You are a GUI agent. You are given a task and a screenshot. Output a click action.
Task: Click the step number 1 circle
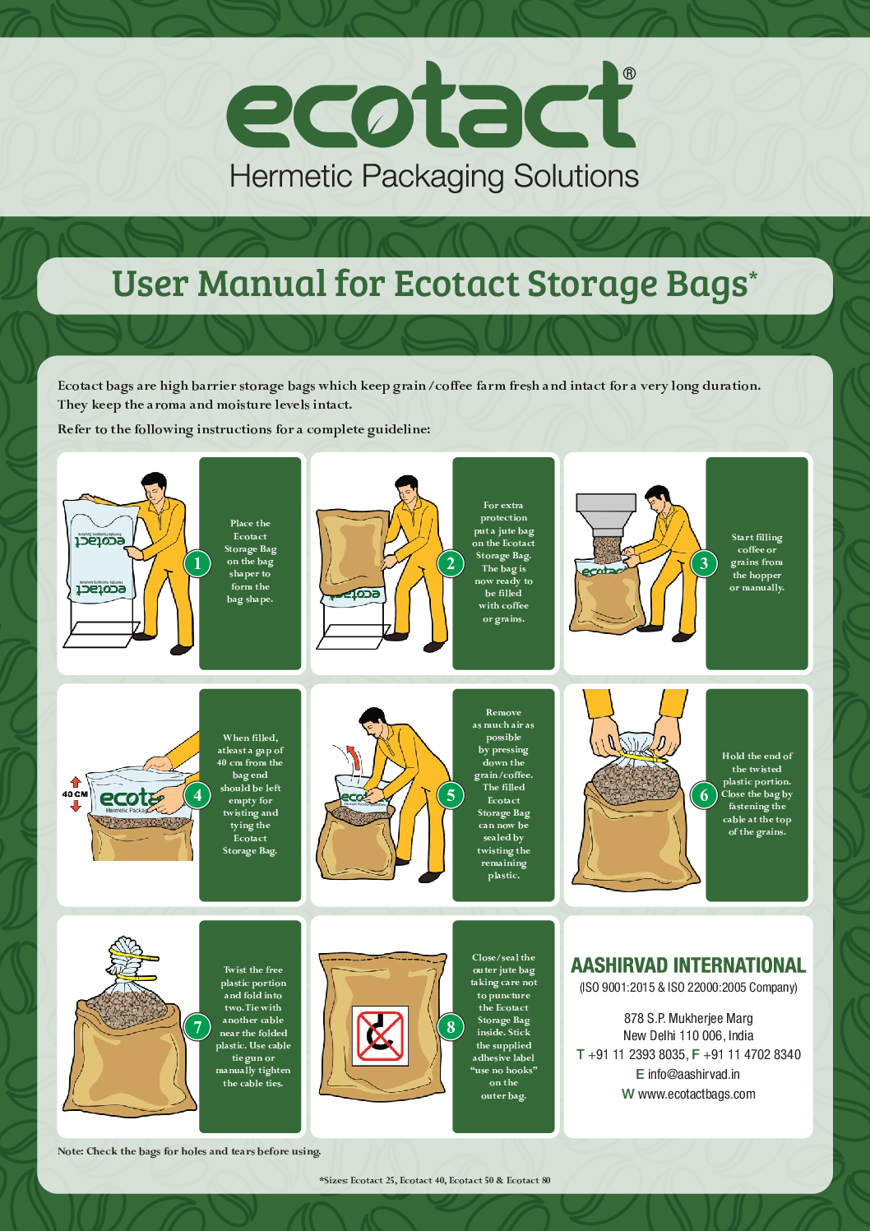click(x=197, y=563)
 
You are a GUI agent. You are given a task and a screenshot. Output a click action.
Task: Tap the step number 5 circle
click(x=451, y=794)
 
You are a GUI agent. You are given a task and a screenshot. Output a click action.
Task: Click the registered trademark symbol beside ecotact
click(x=630, y=74)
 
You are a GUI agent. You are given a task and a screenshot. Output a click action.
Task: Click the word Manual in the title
click(x=262, y=284)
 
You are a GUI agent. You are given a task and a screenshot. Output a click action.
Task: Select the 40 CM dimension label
click(x=75, y=794)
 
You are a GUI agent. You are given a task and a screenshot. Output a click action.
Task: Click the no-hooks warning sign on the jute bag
click(x=380, y=1036)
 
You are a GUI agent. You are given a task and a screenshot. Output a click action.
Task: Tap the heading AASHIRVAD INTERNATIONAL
click(x=688, y=965)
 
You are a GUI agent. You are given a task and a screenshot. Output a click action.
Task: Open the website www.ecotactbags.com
click(x=696, y=1094)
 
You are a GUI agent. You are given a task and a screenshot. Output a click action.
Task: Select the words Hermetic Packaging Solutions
click(x=434, y=177)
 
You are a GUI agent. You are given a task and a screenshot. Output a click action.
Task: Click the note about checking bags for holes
click(x=189, y=1150)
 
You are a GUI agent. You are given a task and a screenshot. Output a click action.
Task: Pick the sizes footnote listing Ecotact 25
click(x=435, y=1180)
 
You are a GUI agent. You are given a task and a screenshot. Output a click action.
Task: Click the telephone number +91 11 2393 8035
click(x=636, y=1054)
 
